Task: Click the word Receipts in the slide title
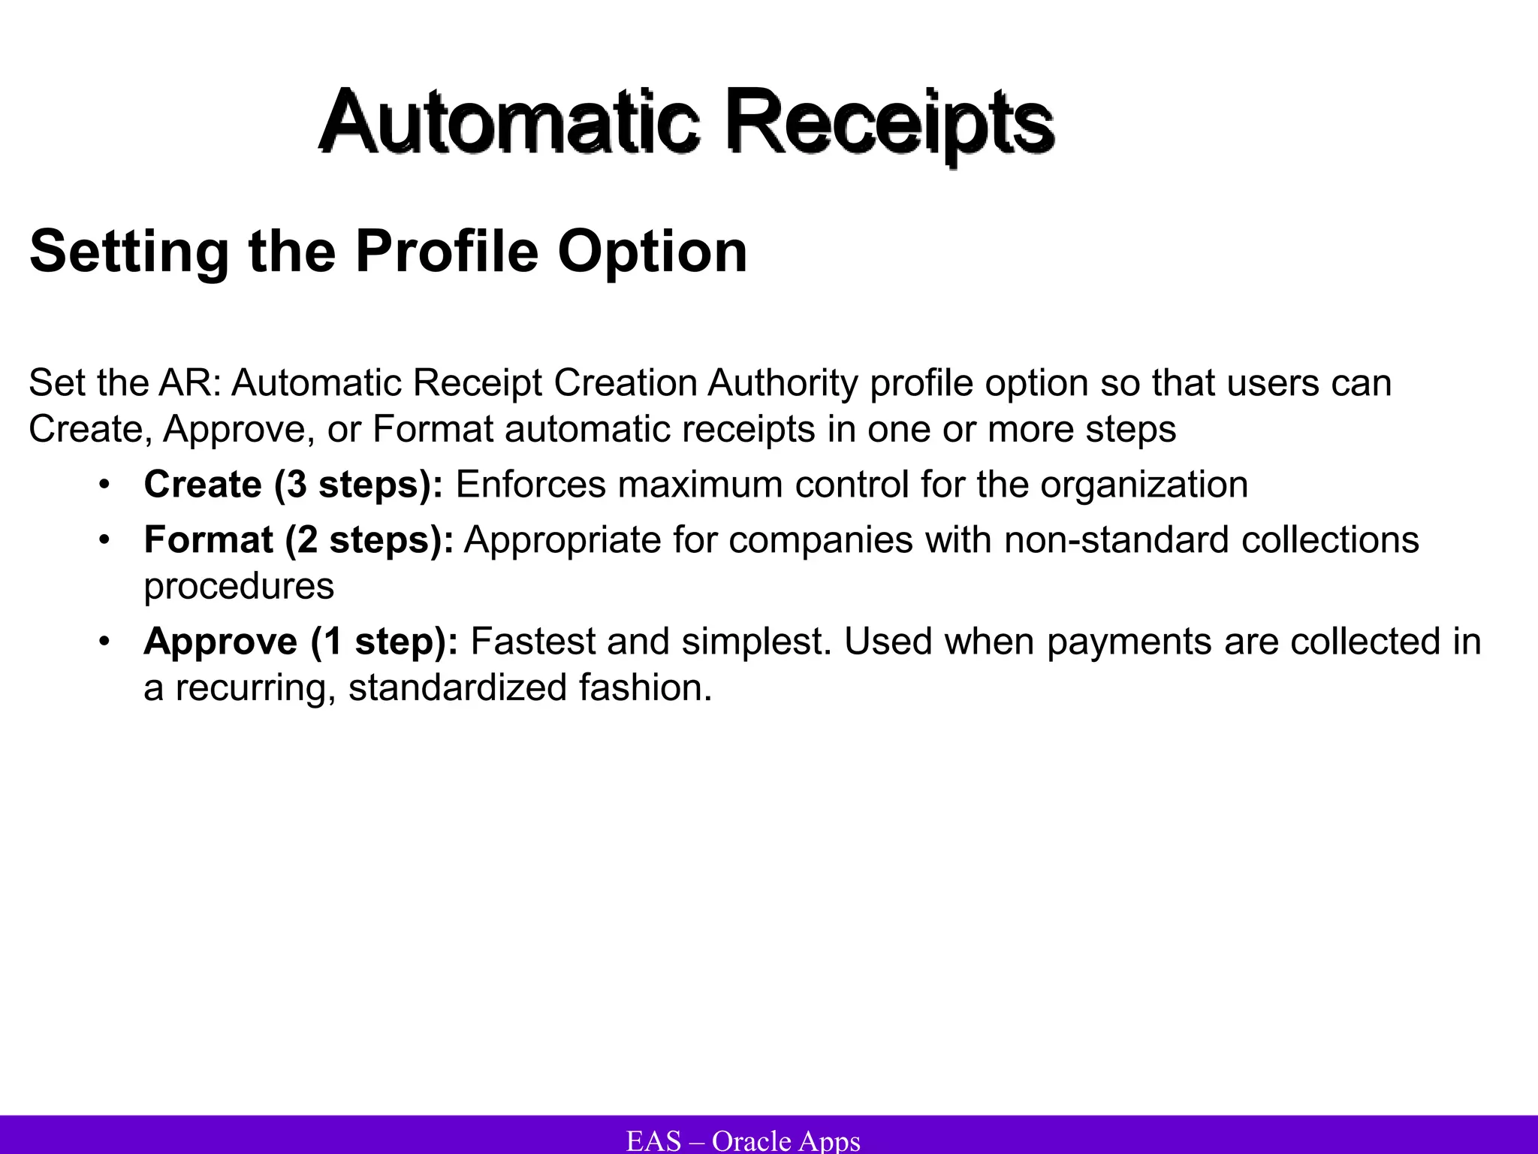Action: click(x=890, y=122)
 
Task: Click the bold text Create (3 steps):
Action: click(x=294, y=485)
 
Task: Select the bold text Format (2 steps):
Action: click(x=299, y=540)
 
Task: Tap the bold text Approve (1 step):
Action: click(x=301, y=642)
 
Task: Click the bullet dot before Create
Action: click(x=104, y=485)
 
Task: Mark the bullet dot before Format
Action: click(x=104, y=540)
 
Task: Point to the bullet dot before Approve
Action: click(x=104, y=642)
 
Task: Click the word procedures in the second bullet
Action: click(x=239, y=586)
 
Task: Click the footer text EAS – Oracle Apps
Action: click(x=743, y=1140)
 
